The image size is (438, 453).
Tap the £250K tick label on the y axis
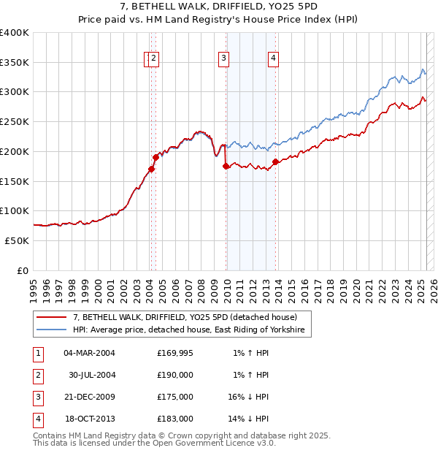pyautogui.click(x=15, y=122)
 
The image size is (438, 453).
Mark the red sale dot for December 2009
pyautogui.click(x=226, y=167)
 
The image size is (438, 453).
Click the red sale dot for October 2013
pyautogui.click(x=275, y=162)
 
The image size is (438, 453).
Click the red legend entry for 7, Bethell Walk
pyautogui.click(x=185, y=318)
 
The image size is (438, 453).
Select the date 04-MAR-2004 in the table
pyautogui.click(x=90, y=353)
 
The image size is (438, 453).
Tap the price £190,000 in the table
pyautogui.click(x=175, y=375)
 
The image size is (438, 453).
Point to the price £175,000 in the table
pyautogui.click(x=175, y=397)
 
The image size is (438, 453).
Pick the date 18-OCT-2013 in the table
pyautogui.click(x=90, y=419)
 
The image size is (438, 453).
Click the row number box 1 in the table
pyautogui.click(x=36, y=353)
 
